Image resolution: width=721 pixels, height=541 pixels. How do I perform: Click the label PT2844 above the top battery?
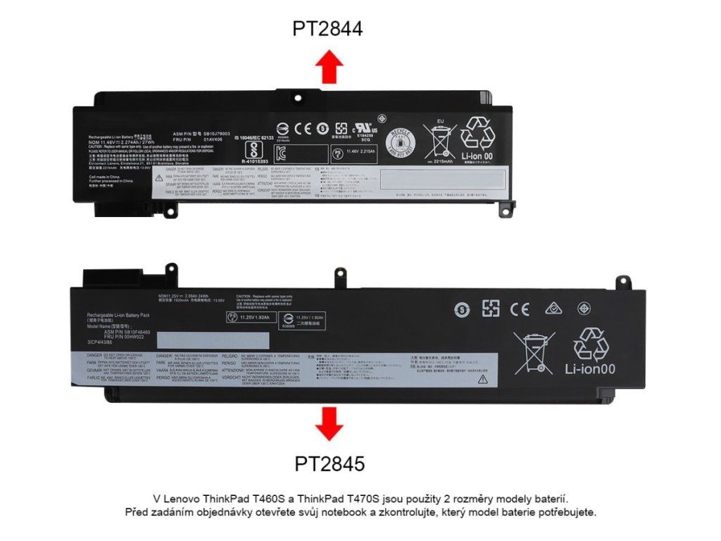point(327,28)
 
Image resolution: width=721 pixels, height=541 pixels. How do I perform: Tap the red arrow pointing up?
point(329,68)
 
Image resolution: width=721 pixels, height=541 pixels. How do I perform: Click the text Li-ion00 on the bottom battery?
point(590,368)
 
